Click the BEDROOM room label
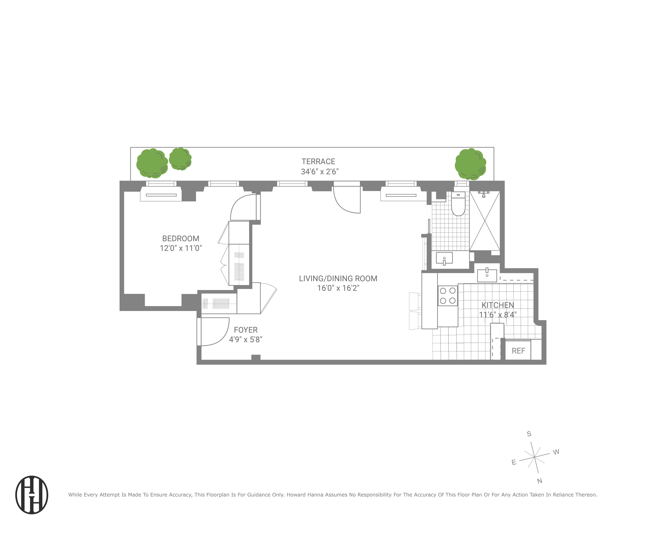(181, 239)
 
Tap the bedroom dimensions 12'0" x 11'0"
(181, 248)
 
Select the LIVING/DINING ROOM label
(338, 278)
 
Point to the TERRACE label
(318, 162)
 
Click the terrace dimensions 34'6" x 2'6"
(319, 172)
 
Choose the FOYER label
(246, 330)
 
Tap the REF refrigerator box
(518, 351)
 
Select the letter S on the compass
(529, 434)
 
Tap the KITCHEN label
(498, 305)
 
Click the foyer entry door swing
(214, 332)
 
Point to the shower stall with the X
(484, 221)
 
